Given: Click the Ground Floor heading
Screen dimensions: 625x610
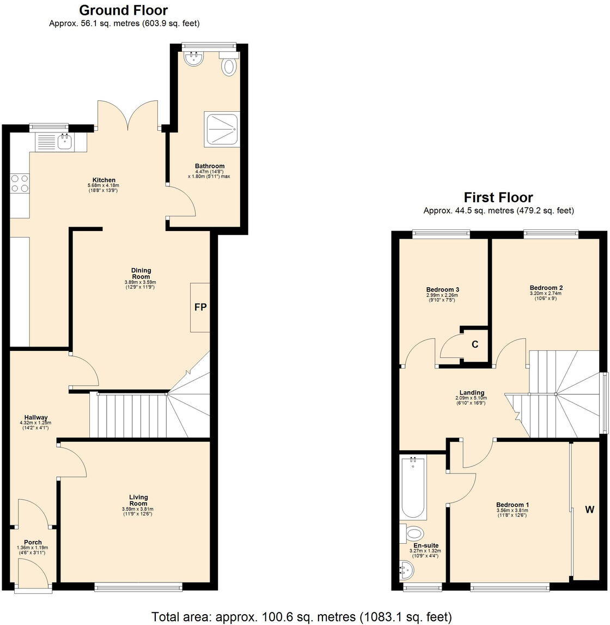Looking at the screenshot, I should tap(124, 10).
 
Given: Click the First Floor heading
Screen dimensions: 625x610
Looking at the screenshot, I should tap(498, 197).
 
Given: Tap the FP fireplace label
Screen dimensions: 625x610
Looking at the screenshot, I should tap(200, 307).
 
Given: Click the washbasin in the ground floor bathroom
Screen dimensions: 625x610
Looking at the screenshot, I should tap(193, 59).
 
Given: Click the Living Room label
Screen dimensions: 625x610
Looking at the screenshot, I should tap(138, 500).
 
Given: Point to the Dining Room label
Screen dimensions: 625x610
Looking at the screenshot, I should tap(141, 274).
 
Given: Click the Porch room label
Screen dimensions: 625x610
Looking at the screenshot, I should tap(33, 542).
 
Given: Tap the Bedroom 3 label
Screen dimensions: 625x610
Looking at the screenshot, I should tap(439, 289).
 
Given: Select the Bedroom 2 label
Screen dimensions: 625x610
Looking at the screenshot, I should tap(546, 288).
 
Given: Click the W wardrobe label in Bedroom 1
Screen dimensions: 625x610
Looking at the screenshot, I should tap(589, 510).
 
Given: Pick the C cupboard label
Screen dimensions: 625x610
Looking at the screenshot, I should tap(475, 344).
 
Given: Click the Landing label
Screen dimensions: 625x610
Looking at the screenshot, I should tap(472, 393).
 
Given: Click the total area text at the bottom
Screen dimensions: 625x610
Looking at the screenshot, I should tap(301, 617).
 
